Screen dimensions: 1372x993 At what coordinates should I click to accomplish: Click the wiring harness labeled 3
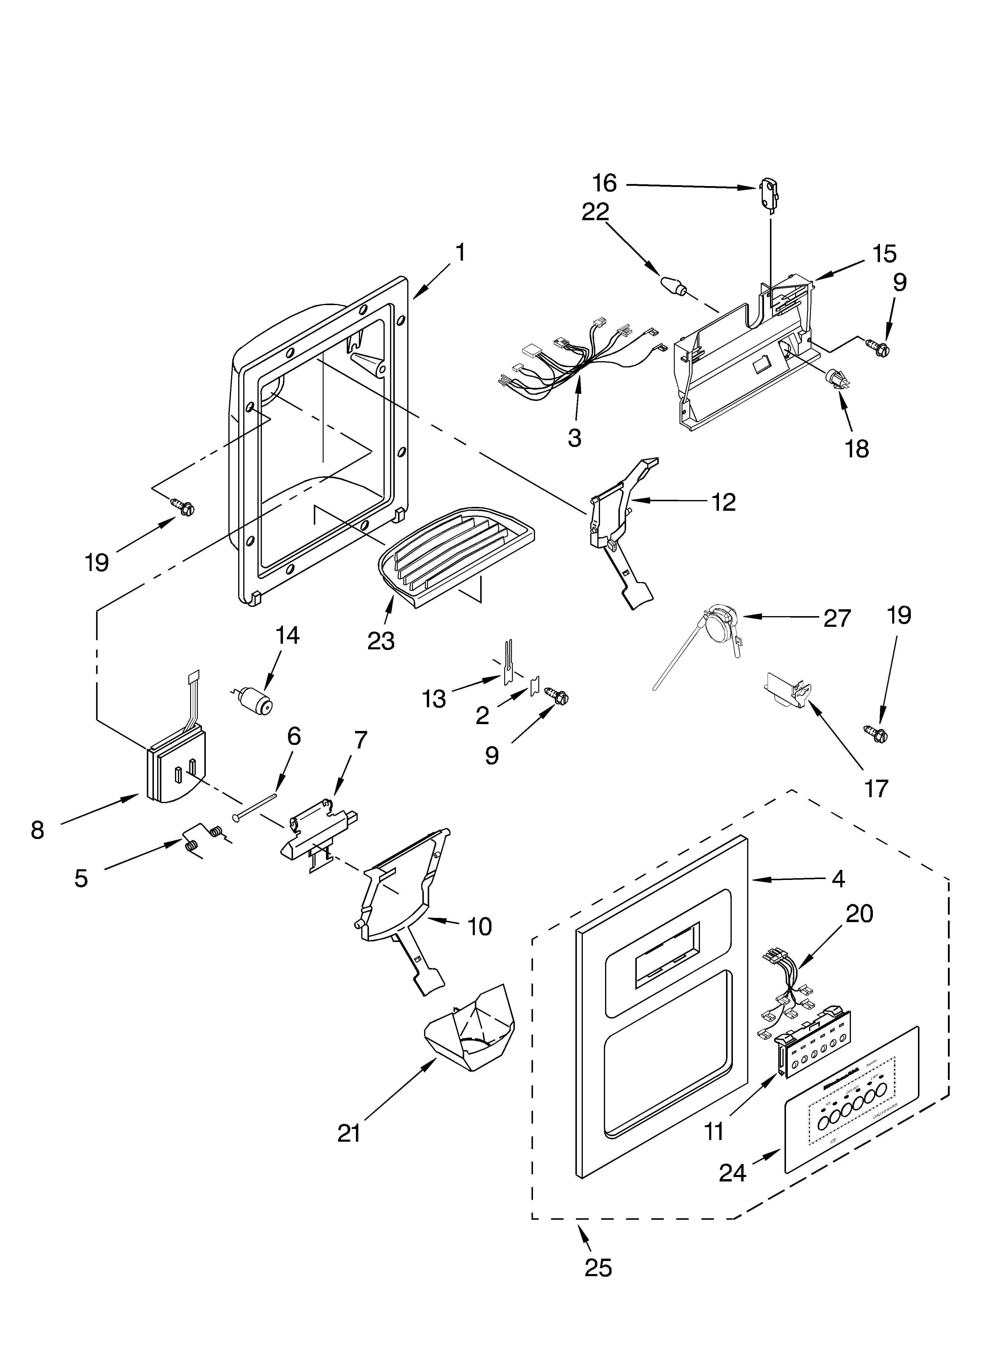click(580, 363)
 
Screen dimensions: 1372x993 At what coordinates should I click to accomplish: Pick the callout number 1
click(460, 252)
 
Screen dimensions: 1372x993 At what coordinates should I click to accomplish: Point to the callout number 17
click(876, 788)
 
